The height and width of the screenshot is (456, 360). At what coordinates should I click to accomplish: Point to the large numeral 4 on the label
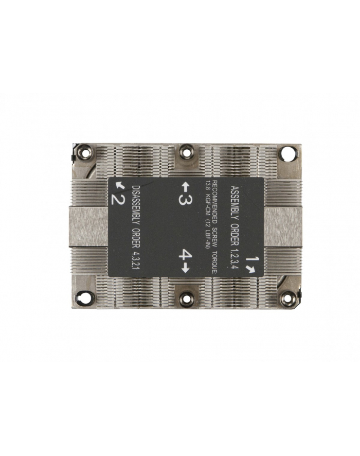tap(186, 255)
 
